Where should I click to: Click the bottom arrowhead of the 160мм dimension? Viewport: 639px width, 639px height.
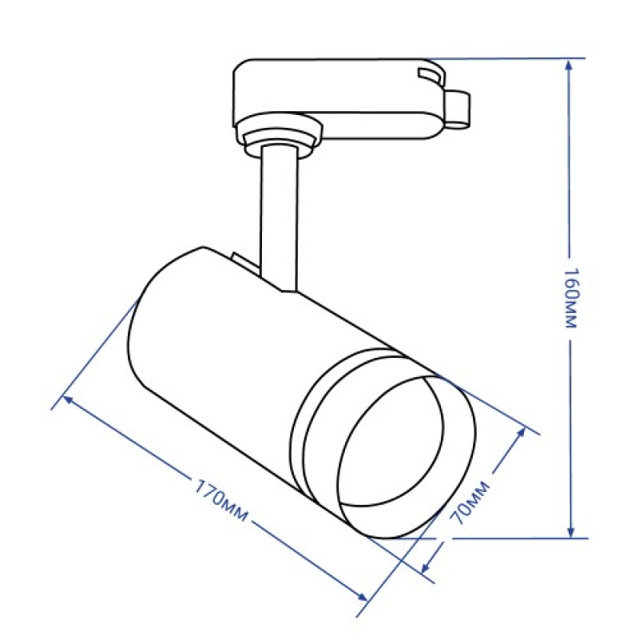pos(571,531)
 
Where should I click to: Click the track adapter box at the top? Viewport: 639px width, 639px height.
pos(335,96)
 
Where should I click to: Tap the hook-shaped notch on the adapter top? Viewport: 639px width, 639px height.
pos(430,76)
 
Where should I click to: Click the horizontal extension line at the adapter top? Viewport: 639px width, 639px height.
pos(503,58)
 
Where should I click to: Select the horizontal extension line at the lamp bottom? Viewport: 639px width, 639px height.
pos(511,538)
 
